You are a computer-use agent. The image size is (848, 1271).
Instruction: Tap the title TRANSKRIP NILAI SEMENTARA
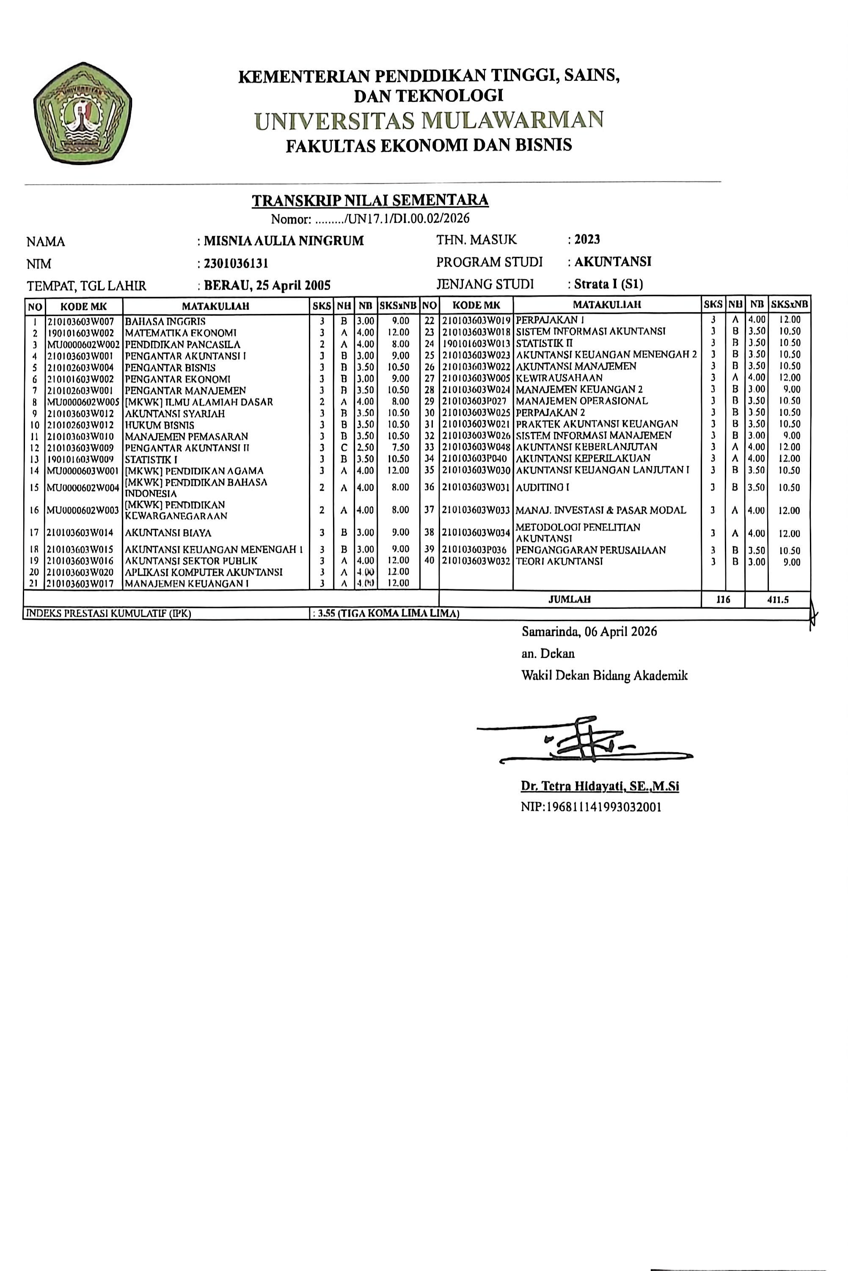[x=370, y=201]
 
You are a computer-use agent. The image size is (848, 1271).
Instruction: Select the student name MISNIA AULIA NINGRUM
[x=284, y=241]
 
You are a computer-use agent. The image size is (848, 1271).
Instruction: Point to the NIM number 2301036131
[x=236, y=264]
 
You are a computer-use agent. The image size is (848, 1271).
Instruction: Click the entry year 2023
[x=587, y=239]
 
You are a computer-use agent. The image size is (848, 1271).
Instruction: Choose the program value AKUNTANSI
[x=613, y=262]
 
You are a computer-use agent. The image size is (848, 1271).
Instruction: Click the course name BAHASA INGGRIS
[x=165, y=321]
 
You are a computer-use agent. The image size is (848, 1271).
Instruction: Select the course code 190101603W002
[x=81, y=333]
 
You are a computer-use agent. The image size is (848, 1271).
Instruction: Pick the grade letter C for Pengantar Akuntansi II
[x=344, y=448]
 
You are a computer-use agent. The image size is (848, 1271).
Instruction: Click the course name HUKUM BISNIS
[x=160, y=425]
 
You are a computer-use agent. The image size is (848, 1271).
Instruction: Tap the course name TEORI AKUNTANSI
[x=559, y=562]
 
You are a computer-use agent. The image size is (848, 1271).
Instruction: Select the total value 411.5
[x=778, y=600]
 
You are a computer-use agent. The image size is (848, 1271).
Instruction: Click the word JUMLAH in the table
[x=570, y=600]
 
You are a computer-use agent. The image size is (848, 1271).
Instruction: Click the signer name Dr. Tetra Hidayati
[x=600, y=786]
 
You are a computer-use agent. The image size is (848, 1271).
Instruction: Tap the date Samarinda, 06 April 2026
[x=589, y=631]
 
